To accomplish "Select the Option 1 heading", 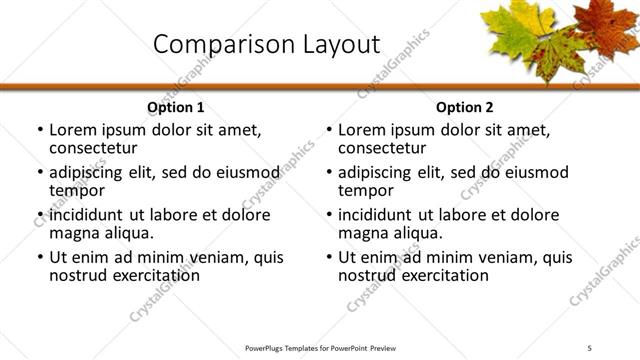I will (175, 107).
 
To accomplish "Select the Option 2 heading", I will (465, 107).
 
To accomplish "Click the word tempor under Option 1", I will (75, 190).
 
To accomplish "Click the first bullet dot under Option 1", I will (39, 130).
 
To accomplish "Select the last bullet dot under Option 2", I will (328, 258).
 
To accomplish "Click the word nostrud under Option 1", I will (79, 275).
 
